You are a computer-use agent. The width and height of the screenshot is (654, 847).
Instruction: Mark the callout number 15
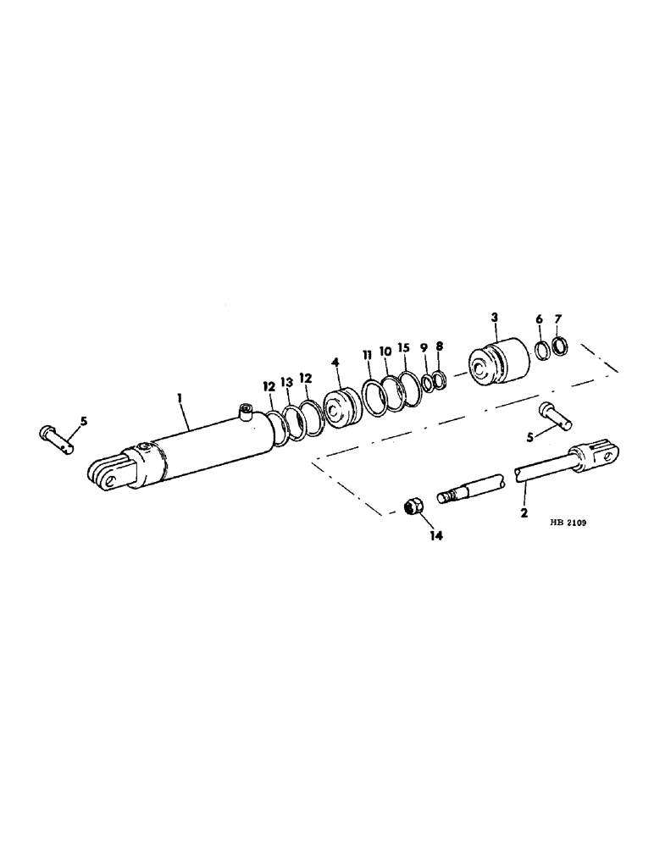coord(403,349)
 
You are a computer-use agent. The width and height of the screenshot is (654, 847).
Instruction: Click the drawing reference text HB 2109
coord(567,523)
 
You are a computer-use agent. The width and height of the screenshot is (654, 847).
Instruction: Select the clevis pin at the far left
coord(59,436)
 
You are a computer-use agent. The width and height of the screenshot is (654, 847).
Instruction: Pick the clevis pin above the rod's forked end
coord(554,415)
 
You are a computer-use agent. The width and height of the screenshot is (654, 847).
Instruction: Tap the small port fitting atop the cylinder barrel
coord(247,412)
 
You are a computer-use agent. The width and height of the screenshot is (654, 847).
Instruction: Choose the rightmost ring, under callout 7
coord(560,346)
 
